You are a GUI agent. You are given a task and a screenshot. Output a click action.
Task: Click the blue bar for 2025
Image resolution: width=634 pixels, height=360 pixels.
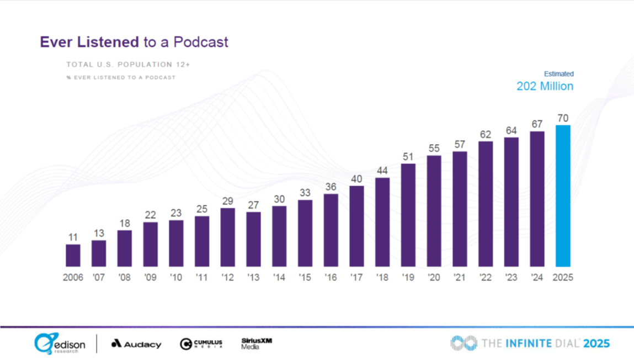tap(563, 196)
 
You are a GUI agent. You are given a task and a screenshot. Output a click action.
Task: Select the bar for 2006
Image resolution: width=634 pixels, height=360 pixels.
tap(73, 256)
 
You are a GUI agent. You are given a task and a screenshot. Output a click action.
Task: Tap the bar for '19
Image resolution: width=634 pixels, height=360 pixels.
tap(408, 215)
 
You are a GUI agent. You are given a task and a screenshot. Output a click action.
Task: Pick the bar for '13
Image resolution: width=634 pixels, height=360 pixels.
tap(253, 240)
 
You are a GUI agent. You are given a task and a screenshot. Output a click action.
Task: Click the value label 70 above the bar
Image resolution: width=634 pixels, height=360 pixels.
tap(563, 118)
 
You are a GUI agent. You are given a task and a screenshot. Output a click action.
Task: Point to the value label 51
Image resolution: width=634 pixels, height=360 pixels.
tap(408, 157)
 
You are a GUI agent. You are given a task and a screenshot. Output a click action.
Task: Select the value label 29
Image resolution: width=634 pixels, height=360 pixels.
tap(227, 202)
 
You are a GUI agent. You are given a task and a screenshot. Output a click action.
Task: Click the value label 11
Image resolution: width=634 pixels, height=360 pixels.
tap(73, 237)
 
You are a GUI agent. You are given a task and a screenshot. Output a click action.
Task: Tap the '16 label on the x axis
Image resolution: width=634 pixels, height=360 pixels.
tap(331, 277)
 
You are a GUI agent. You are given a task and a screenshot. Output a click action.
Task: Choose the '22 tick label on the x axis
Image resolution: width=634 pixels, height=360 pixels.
tap(486, 277)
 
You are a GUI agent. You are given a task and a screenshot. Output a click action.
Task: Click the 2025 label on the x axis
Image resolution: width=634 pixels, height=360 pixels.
tap(563, 277)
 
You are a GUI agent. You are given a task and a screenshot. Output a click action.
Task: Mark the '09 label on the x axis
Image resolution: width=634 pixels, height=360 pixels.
tap(150, 277)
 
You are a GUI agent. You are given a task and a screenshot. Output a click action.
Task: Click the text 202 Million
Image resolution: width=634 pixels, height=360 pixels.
tap(545, 86)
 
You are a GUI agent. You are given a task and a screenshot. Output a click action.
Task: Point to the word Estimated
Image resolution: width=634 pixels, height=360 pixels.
tap(559, 73)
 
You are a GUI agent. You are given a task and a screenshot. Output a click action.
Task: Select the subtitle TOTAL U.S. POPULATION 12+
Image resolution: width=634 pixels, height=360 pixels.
tap(128, 65)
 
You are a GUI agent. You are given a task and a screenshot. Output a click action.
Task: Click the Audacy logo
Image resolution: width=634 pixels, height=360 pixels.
tap(136, 344)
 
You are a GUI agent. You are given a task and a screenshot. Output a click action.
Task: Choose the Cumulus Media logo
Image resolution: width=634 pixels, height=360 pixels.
tap(201, 344)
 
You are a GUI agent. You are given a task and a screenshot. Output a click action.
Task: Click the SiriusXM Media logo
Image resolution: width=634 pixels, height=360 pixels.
tap(257, 343)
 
